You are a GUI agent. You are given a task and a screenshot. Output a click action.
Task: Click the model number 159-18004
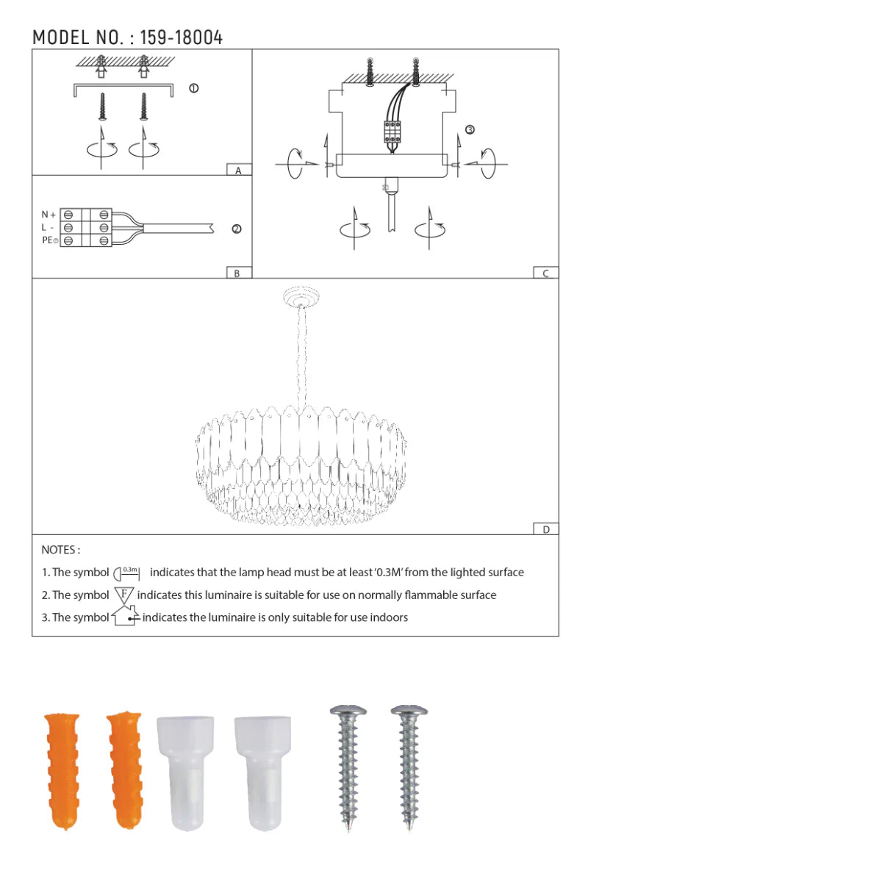182,37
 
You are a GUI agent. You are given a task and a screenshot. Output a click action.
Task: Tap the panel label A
238,171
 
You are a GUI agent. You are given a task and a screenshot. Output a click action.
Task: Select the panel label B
237,273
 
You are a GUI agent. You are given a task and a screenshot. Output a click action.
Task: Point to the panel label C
545,273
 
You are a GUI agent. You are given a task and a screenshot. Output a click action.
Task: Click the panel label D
545,529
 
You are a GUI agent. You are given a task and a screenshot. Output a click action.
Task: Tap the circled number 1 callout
194,88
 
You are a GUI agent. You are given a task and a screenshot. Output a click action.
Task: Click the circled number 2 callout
237,229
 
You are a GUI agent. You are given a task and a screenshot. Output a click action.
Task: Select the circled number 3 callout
470,129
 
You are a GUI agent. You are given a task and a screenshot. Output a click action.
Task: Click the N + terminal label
49,215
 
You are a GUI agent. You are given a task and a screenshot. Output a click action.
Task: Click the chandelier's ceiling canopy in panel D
301,298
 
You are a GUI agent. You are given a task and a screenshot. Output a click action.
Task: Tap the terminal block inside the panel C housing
392,132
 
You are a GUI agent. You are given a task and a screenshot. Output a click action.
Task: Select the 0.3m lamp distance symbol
127,573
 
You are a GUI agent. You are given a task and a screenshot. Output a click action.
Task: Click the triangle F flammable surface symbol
123,595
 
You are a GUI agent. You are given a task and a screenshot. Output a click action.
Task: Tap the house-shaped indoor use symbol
126,616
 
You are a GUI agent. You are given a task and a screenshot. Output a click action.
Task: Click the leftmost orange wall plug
62,770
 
